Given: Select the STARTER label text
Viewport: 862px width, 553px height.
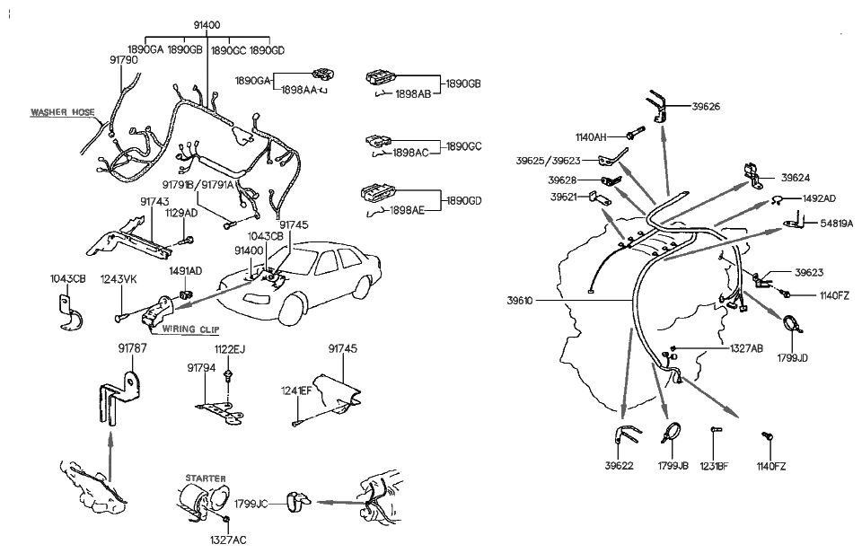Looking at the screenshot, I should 205,478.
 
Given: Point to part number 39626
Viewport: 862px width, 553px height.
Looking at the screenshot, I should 705,107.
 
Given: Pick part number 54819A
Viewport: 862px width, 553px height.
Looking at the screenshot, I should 835,222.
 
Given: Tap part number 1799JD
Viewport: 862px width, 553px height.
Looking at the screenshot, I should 791,357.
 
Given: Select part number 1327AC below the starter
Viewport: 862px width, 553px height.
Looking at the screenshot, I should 228,540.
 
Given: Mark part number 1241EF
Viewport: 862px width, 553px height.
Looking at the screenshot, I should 296,391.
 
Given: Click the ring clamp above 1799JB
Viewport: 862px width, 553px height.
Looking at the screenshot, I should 671,435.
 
